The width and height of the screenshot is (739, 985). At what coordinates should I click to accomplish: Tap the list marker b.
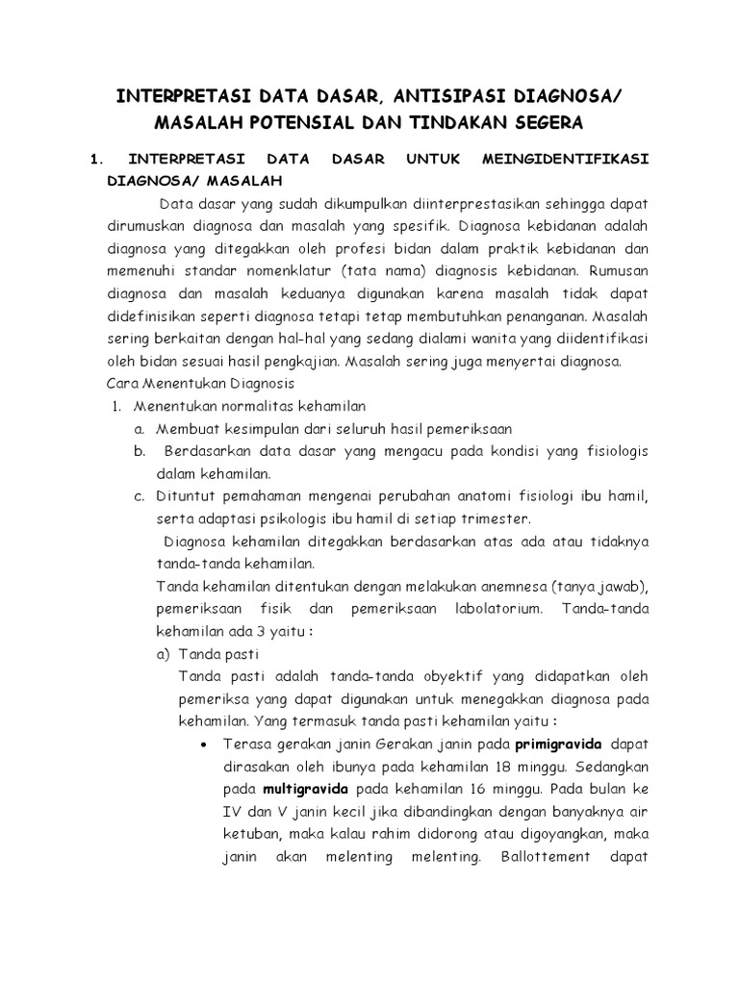140,451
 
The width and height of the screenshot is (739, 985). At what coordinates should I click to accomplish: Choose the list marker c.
140,496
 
